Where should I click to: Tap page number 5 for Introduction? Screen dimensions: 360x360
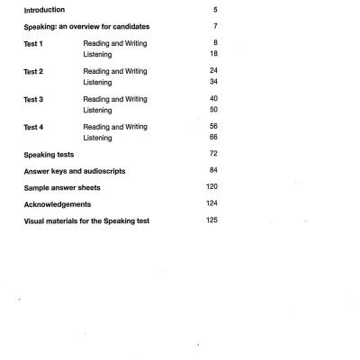pyautogui.click(x=214, y=11)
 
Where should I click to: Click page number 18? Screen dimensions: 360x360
pyautogui.click(x=212, y=54)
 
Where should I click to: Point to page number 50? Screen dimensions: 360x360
pyautogui.click(x=212, y=110)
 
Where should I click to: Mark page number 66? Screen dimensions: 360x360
pyautogui.click(x=212, y=138)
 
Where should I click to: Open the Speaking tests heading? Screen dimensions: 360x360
pyautogui.click(x=49, y=156)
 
